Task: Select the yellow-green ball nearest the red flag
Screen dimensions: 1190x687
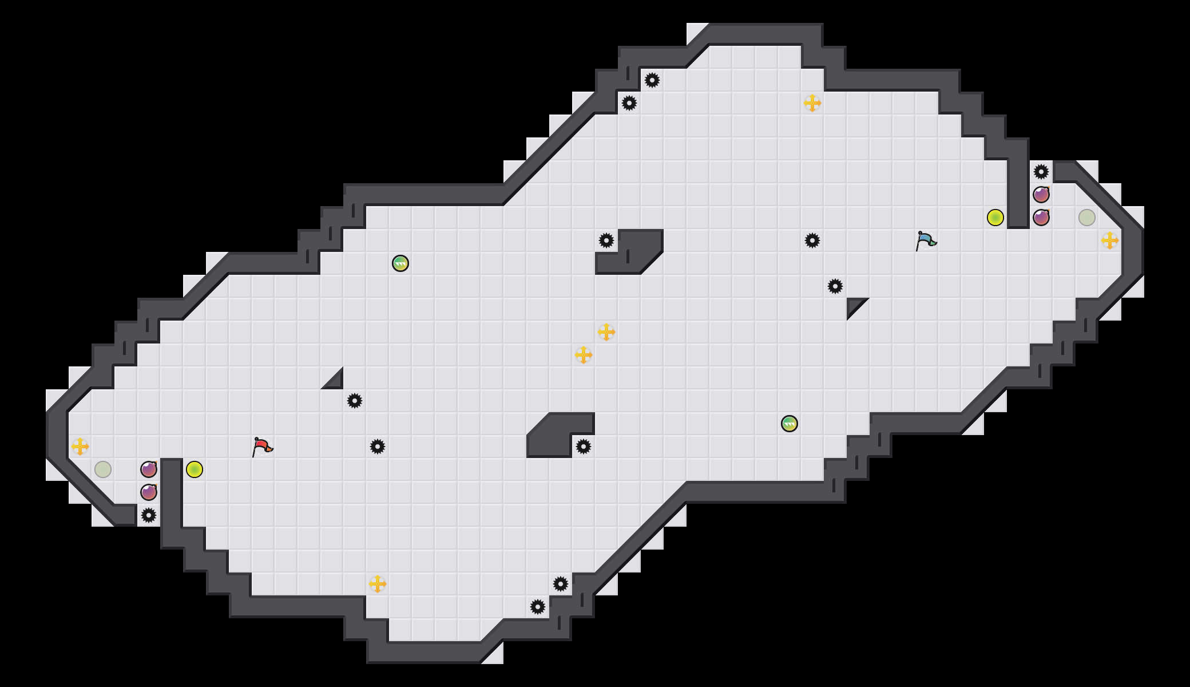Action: coord(195,469)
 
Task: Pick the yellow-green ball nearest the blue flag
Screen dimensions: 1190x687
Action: coord(995,218)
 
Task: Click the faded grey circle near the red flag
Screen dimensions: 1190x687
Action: coord(103,469)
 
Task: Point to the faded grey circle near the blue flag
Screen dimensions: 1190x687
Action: coord(1087,218)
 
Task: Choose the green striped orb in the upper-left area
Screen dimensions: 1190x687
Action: coord(400,263)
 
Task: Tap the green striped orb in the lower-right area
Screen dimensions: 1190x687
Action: coord(790,424)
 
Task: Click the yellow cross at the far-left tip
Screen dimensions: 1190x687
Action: coord(80,447)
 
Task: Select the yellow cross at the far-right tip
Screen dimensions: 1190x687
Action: coord(1110,240)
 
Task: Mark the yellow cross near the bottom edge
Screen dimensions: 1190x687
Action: coord(378,584)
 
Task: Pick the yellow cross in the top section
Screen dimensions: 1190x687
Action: coord(812,103)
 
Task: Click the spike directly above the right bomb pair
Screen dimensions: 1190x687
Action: coord(1041,172)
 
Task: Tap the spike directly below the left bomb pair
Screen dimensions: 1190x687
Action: coord(149,515)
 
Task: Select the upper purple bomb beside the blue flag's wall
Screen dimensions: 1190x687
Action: coord(1041,195)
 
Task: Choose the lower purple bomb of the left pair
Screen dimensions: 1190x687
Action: coord(149,492)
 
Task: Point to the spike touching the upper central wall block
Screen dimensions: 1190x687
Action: coord(606,240)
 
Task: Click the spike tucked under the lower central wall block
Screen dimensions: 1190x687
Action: coord(584,447)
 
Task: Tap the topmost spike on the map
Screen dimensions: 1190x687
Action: coord(652,80)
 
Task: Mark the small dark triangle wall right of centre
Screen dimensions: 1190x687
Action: coord(854,305)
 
